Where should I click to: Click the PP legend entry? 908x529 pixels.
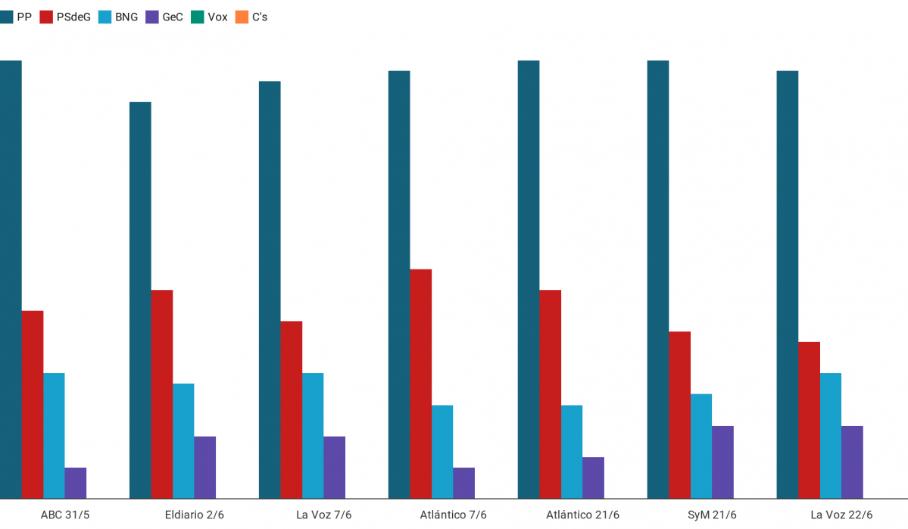pos(16,17)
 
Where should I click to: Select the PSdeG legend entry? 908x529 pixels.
pos(66,17)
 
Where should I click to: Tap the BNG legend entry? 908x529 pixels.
pos(118,17)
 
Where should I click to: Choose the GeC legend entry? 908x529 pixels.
pos(165,17)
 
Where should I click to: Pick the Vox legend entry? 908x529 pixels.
pos(210,17)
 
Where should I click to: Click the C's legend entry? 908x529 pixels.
pos(251,17)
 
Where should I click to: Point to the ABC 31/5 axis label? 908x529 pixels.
pos(64,515)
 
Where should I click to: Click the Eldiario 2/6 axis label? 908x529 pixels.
pos(194,515)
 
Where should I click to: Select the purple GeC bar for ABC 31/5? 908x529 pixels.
pos(76,483)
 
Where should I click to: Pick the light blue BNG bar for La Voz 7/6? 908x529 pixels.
pos(313,435)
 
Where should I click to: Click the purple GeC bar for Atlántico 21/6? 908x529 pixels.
pos(593,478)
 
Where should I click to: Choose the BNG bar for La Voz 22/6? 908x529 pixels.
pos(831,435)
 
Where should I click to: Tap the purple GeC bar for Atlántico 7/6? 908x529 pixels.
pos(463,483)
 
